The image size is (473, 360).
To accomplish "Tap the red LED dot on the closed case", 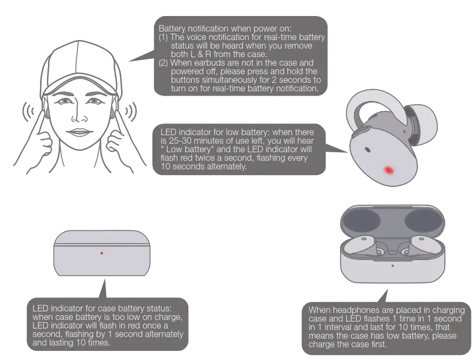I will (101, 253).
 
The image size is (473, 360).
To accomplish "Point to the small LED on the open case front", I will (392, 265).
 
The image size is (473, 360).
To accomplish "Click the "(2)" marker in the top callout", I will (164, 62).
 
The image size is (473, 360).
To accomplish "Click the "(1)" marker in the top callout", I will (164, 36).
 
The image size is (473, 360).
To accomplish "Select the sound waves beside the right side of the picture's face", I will (129, 111).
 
